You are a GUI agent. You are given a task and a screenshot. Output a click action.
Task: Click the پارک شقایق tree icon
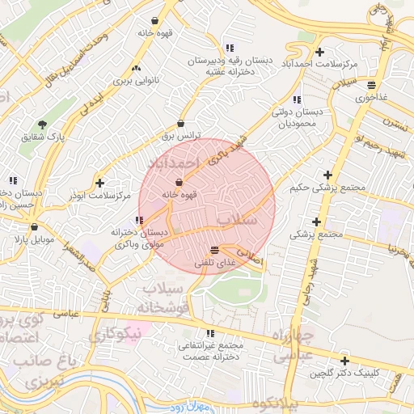point(42,125)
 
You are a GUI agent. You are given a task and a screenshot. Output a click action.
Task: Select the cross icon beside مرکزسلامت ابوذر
point(99,183)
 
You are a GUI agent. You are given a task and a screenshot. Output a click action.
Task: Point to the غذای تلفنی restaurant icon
point(213,250)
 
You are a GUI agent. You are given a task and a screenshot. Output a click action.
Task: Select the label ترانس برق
point(180,137)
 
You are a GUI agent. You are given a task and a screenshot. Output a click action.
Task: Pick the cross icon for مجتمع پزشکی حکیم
point(327,175)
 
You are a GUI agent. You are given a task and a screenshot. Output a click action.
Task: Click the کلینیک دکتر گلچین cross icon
point(345,361)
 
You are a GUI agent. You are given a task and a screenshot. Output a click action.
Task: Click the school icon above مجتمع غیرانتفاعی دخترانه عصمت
point(211,333)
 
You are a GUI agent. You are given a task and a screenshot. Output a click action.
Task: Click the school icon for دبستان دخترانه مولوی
point(141,220)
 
